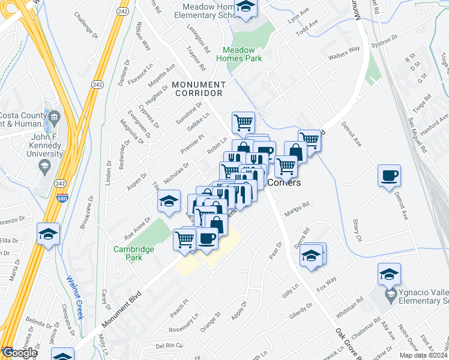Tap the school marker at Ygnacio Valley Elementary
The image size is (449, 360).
coord(389,274)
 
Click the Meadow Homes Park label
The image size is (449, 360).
coord(243,54)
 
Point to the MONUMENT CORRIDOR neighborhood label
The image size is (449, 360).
coord(197,89)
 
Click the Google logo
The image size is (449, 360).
coord(19,353)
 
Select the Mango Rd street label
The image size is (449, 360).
coord(297,208)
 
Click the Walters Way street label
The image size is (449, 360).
coord(343,53)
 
